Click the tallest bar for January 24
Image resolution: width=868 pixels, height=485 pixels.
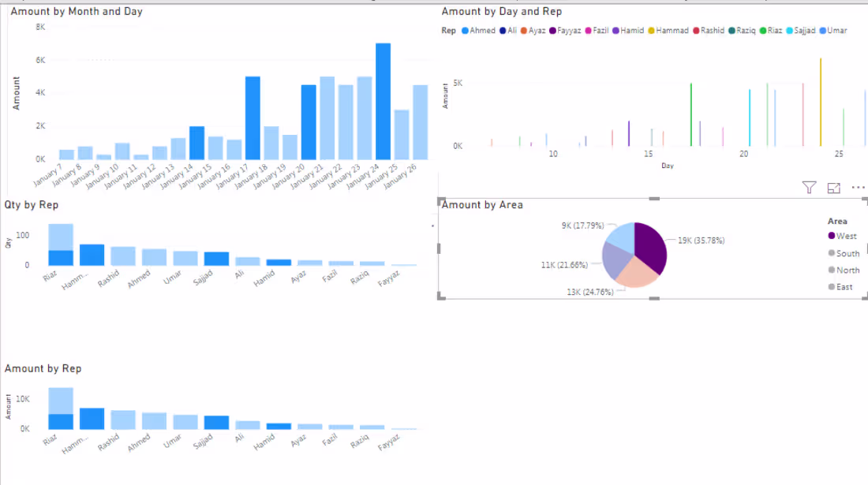point(383,102)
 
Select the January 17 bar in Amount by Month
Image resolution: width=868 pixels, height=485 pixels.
point(253,118)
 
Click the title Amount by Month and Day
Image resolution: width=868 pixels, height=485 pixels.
point(77,12)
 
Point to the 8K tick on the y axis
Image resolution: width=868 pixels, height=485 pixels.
point(40,27)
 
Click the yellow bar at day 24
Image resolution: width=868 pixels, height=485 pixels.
point(821,103)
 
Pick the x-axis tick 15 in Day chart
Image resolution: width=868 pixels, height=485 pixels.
point(648,154)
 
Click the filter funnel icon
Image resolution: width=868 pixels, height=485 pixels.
point(809,187)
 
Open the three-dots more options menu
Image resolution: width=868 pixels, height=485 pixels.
point(858,187)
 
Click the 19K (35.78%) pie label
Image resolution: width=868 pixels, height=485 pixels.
point(701,241)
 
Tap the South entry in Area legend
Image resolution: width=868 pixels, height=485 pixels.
point(847,253)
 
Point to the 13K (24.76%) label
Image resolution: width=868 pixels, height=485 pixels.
point(591,292)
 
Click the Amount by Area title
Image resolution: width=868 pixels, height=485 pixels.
point(482,205)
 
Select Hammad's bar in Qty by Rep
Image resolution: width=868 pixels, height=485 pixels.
point(92,255)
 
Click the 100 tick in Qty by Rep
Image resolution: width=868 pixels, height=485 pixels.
point(22,236)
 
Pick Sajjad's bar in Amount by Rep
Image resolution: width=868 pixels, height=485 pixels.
point(216,422)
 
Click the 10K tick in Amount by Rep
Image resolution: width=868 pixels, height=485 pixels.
point(23,399)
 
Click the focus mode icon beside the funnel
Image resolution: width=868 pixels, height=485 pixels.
point(833,187)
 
